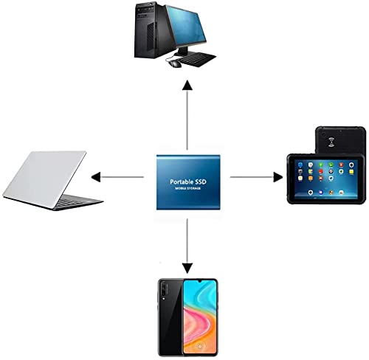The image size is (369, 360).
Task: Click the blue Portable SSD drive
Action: (188, 182)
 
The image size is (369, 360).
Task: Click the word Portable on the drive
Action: (182, 182)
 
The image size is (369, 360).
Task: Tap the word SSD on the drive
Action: (201, 181)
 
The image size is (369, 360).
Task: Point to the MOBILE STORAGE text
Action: (188, 188)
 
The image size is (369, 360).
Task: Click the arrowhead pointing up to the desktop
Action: (187, 86)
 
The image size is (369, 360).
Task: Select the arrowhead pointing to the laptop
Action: (96, 177)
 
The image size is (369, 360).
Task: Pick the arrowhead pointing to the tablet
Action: (278, 177)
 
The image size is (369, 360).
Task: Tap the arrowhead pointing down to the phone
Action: (187, 268)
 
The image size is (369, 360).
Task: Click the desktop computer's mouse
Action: (175, 63)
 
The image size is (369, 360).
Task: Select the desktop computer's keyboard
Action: (197, 59)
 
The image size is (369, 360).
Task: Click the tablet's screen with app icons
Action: (326, 178)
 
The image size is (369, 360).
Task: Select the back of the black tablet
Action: (340, 140)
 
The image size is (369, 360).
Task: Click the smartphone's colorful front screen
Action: (200, 316)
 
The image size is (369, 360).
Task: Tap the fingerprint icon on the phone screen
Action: (200, 346)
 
